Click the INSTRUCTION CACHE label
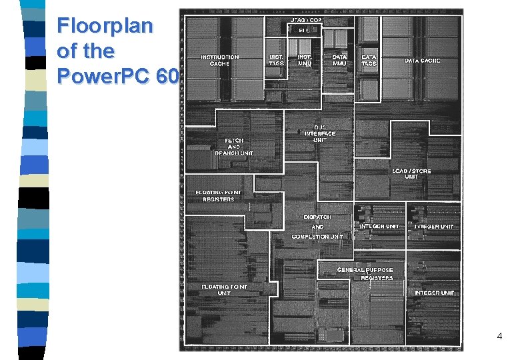coord(219,61)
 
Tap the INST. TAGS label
coord(275,61)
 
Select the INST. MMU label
coord(305,61)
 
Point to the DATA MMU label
coord(339,61)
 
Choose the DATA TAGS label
coord(369,61)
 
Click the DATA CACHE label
coord(422,61)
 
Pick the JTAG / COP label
coord(306,21)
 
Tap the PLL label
coord(304,30)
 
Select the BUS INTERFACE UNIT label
coord(320,133)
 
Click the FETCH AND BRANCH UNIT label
coord(234,147)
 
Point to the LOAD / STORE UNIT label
coord(411,174)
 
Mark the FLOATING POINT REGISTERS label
coord(219,196)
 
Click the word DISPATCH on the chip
coord(317,217)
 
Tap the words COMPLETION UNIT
coord(318,237)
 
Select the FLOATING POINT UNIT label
coord(224,290)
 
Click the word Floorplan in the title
coord(105,27)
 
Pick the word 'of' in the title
coord(67,52)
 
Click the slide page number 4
coord(499,337)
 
